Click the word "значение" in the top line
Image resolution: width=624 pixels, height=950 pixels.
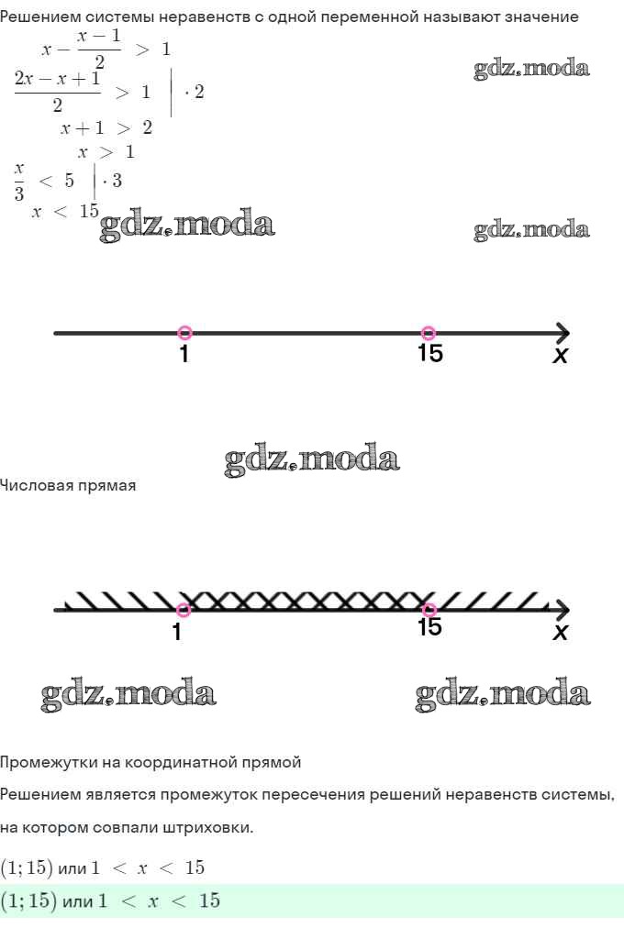[x=537, y=17]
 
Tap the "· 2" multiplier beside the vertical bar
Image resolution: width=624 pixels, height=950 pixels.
[x=195, y=92]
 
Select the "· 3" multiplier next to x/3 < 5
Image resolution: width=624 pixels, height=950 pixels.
[x=112, y=180]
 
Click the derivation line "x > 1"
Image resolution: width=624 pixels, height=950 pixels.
[x=106, y=152]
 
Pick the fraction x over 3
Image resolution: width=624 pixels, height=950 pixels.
[x=19, y=180]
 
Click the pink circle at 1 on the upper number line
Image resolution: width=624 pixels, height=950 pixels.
[x=184, y=333]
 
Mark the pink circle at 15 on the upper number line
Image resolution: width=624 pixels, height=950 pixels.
[x=428, y=333]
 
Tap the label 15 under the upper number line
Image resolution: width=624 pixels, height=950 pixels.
[x=429, y=353]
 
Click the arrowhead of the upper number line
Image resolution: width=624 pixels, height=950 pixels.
[x=562, y=333]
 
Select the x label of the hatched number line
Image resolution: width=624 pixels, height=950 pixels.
[x=560, y=632]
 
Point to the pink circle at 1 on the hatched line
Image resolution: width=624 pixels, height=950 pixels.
[x=184, y=610]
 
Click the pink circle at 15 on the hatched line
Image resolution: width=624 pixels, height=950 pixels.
[x=429, y=610]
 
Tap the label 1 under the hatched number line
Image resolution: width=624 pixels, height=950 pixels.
[x=177, y=632]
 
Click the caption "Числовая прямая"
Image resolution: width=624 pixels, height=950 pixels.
[x=68, y=486]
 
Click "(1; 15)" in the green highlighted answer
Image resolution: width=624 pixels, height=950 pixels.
[x=27, y=901]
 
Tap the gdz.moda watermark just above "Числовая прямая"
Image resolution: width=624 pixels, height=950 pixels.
[x=312, y=459]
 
